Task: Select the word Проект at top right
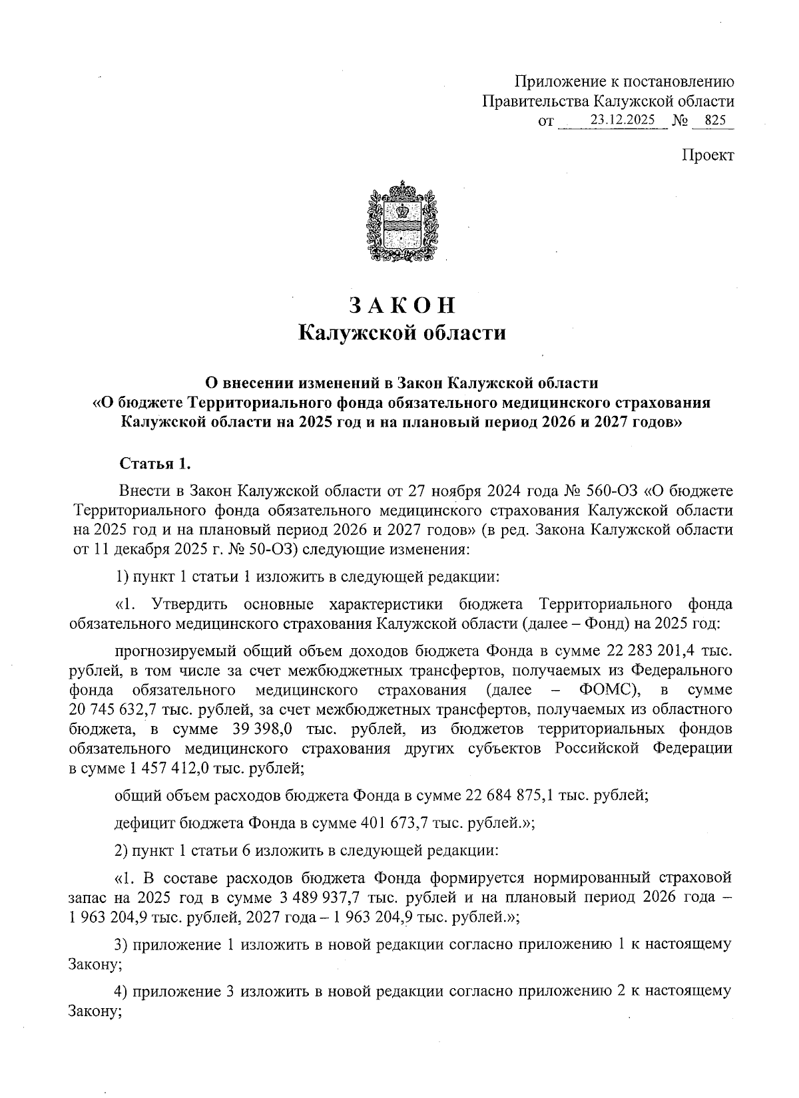[x=707, y=155]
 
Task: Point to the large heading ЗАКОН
[x=401, y=304]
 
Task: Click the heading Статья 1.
[x=154, y=463]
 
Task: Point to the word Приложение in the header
[x=559, y=82]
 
